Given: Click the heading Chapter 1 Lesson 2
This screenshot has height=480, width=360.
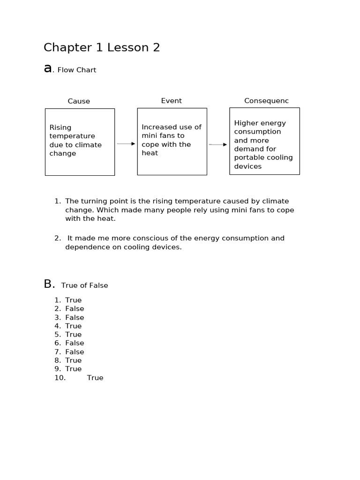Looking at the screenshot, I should click(x=102, y=47).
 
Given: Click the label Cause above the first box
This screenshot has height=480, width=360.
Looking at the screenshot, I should click(x=79, y=101).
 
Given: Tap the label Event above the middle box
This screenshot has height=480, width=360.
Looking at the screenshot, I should click(x=171, y=101).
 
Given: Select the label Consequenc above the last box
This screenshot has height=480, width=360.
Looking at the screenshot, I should click(x=266, y=101).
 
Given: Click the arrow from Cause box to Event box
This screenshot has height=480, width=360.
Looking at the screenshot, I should click(x=126, y=144).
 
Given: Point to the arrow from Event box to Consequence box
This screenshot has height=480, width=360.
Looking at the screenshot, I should click(x=218, y=145).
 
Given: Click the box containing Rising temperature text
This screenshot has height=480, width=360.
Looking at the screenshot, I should click(x=80, y=142).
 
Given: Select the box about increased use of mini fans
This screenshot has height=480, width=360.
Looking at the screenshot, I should click(x=172, y=142).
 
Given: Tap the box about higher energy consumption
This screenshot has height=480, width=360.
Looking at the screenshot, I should click(x=264, y=141).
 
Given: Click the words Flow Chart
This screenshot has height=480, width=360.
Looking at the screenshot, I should click(x=76, y=70).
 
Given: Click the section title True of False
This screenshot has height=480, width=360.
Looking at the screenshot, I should click(x=84, y=285).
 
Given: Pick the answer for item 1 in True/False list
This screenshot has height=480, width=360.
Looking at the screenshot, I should click(x=73, y=300).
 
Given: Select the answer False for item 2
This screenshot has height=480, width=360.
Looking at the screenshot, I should click(x=75, y=308).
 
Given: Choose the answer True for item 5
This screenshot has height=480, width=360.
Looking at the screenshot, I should click(x=73, y=334).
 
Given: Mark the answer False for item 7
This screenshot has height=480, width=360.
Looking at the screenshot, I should click(x=75, y=352).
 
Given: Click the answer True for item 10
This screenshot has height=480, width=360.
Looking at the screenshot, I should click(x=95, y=378).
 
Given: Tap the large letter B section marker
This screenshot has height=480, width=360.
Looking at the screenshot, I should click(x=49, y=284).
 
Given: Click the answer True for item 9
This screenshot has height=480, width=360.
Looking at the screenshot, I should click(x=73, y=369).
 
